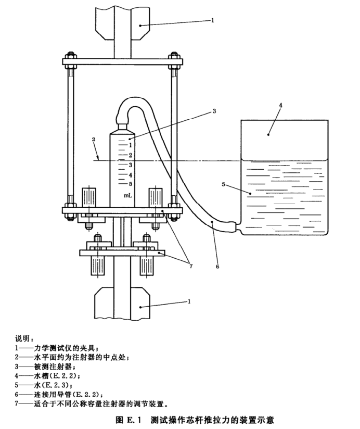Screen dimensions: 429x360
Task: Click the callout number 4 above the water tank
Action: tap(280, 105)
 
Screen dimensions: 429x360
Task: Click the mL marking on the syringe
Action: tap(127, 196)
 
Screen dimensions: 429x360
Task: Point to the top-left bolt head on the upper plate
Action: tap(68, 54)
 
